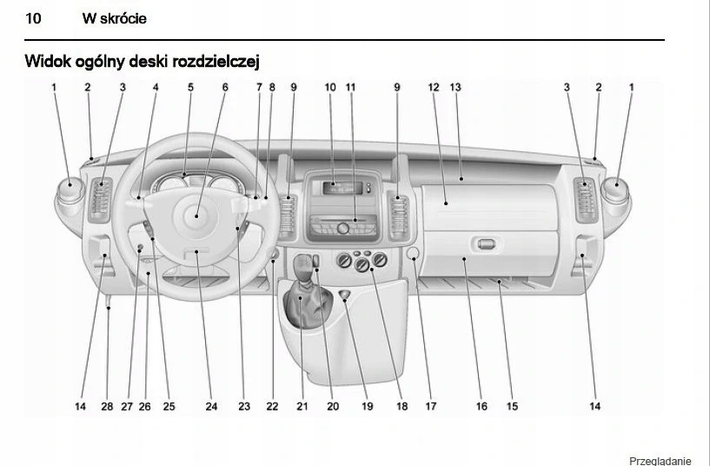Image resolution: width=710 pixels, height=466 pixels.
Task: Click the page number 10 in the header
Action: pyautogui.click(x=36, y=18)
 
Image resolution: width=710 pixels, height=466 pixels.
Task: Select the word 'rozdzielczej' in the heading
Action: pyautogui.click(x=215, y=61)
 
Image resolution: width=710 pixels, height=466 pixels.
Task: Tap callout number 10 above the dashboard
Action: pyautogui.click(x=330, y=87)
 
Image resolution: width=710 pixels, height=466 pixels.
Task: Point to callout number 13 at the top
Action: pyautogui.click(x=455, y=87)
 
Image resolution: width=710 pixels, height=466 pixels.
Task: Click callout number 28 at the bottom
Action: pyautogui.click(x=107, y=406)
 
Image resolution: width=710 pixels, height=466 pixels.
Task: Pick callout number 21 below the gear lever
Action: pyautogui.click(x=302, y=406)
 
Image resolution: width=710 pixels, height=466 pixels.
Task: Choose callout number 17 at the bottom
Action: pyautogui.click(x=431, y=406)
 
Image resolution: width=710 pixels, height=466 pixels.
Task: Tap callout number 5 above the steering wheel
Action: pyautogui.click(x=190, y=87)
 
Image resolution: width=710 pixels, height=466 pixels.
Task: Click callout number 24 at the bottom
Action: pyautogui.click(x=211, y=406)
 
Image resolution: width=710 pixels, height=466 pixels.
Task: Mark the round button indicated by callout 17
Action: pyautogui.click(x=414, y=254)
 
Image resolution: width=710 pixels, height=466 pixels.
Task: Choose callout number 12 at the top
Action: pyautogui.click(x=434, y=87)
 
